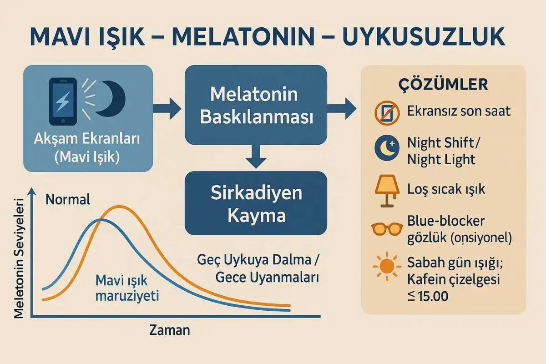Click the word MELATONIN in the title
(243, 37)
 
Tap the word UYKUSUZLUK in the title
(424, 37)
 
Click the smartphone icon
(63, 101)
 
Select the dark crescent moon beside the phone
(111, 99)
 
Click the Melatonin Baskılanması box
(256, 105)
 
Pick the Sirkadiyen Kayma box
(256, 203)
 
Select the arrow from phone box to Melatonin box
(167, 109)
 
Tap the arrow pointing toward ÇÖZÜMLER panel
(342, 109)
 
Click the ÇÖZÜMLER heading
(443, 85)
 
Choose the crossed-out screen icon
(387, 113)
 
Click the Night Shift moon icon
(387, 148)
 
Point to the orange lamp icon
(387, 191)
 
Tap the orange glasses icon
(387, 229)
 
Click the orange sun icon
(387, 266)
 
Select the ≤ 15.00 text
(428, 296)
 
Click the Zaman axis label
(170, 330)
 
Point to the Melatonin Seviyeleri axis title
(19, 258)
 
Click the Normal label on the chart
(68, 199)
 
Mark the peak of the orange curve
(119, 207)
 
